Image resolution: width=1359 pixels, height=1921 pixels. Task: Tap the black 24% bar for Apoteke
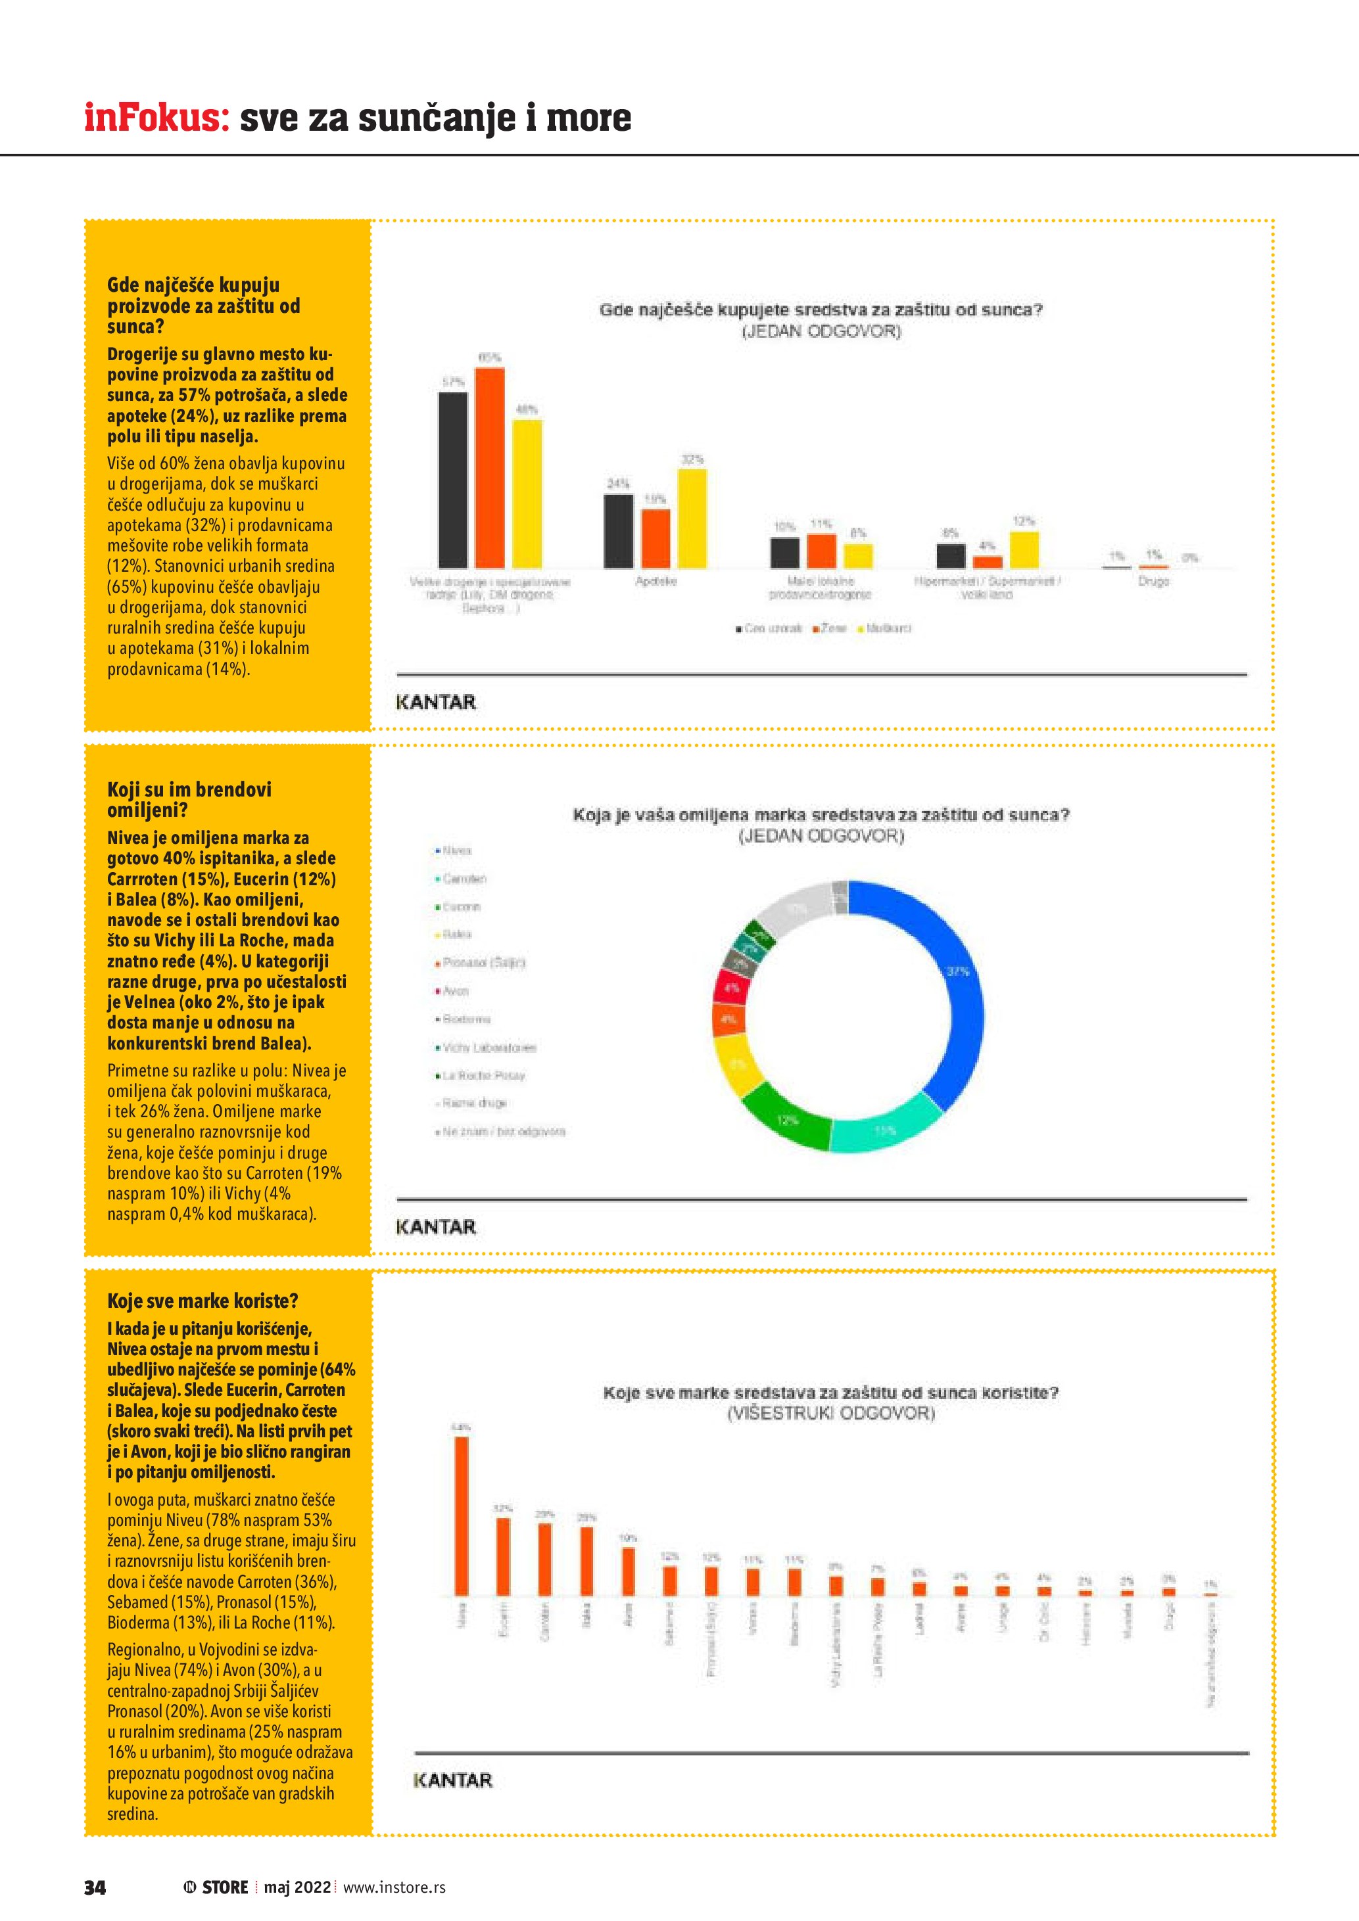(619, 530)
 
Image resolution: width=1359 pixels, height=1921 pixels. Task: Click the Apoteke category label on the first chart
(656, 581)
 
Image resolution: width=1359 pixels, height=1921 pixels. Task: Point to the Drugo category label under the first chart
(1153, 581)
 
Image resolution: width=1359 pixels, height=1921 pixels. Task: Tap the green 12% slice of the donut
(786, 1117)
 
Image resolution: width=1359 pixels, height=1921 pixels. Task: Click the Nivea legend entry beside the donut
(454, 850)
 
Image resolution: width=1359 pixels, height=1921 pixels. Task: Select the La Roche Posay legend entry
(481, 1075)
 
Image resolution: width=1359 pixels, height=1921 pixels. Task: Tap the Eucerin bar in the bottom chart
(503, 1556)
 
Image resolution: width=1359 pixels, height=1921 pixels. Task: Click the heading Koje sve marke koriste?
(203, 1300)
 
